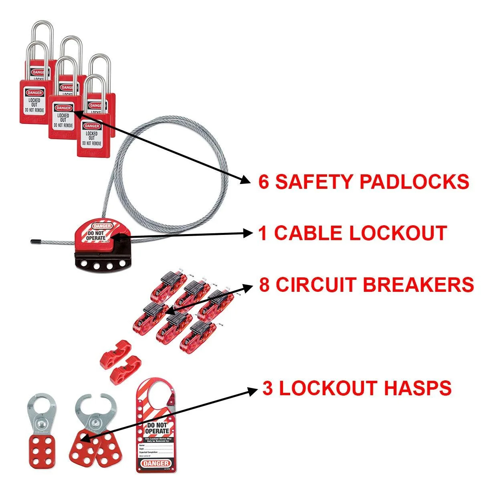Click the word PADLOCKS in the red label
(x=414, y=182)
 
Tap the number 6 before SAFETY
(x=264, y=182)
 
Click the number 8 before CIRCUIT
(x=265, y=285)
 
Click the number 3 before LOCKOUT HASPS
(x=268, y=388)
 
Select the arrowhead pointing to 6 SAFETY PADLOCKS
(x=245, y=181)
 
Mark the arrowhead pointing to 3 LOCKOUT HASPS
(x=253, y=390)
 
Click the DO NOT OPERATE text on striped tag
(x=158, y=428)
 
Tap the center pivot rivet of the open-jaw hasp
(x=95, y=422)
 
